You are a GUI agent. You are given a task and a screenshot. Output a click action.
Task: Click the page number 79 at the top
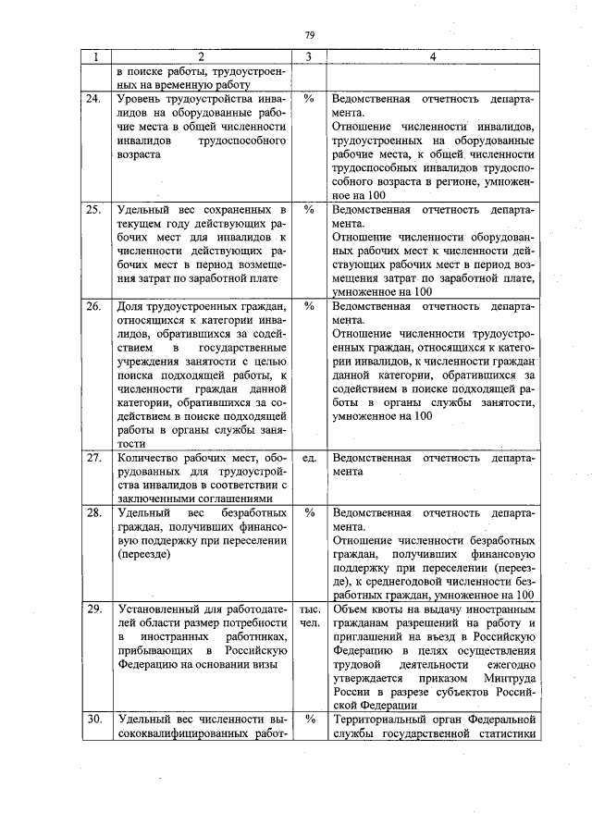pyautogui.click(x=309, y=36)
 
